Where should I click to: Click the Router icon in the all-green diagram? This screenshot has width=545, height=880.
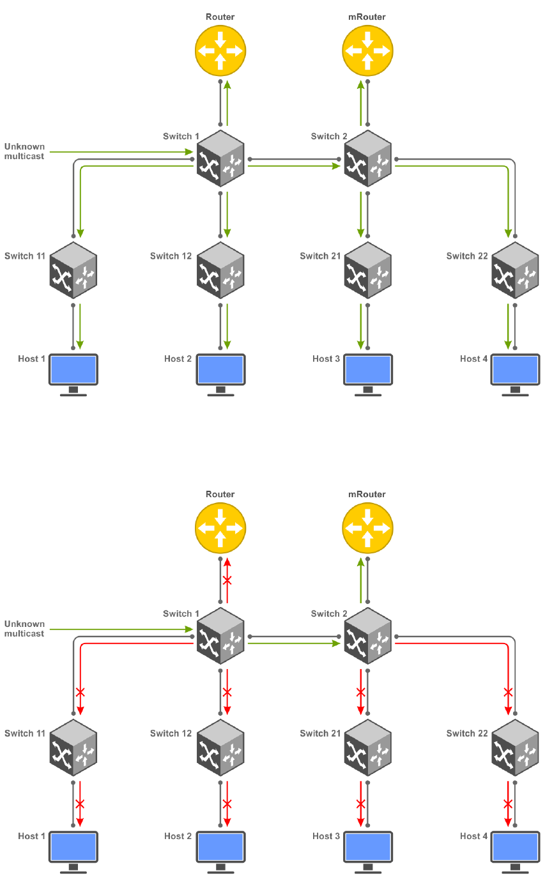pos(220,50)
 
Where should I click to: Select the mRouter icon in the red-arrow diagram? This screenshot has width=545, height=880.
pos(367,528)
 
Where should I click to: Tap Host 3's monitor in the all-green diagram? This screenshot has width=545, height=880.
pos(367,370)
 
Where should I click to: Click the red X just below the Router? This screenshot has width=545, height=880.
pos(227,581)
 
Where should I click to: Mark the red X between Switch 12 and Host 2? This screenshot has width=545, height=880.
pos(227,803)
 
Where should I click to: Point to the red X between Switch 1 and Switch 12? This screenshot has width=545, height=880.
pos(227,691)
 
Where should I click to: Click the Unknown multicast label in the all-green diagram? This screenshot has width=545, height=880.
pos(25,151)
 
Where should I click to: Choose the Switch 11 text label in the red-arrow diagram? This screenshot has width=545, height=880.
pos(25,733)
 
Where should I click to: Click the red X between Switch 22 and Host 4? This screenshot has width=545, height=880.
pos(508,803)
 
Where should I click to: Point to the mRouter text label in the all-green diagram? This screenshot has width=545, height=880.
pos(367,17)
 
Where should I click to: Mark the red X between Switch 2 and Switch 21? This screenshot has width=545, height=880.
pos(361,691)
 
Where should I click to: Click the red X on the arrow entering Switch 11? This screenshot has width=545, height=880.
pos(80,691)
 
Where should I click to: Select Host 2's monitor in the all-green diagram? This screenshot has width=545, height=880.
pos(220,370)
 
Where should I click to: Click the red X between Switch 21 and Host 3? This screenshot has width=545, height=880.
pos(361,803)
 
